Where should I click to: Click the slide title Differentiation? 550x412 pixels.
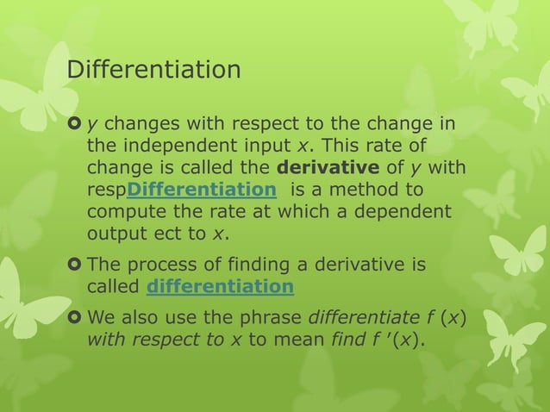point(153,69)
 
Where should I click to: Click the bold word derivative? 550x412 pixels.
point(328,166)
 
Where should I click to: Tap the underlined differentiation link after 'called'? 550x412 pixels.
point(221,286)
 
